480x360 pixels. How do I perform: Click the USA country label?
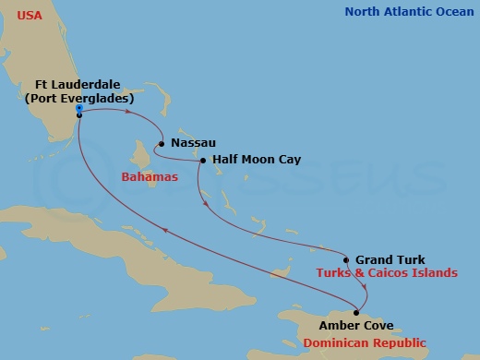tap(29, 16)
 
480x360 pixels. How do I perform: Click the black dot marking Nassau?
tap(162, 143)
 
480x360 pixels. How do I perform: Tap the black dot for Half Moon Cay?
tap(202, 161)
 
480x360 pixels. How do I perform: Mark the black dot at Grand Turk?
tap(347, 259)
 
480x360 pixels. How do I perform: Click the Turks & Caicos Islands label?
tap(386, 273)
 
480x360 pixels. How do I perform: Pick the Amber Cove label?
tap(355, 325)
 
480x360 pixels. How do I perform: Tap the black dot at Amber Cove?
tap(356, 312)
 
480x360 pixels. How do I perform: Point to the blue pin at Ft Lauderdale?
tap(79, 109)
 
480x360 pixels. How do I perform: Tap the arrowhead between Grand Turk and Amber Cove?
tap(366, 288)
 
